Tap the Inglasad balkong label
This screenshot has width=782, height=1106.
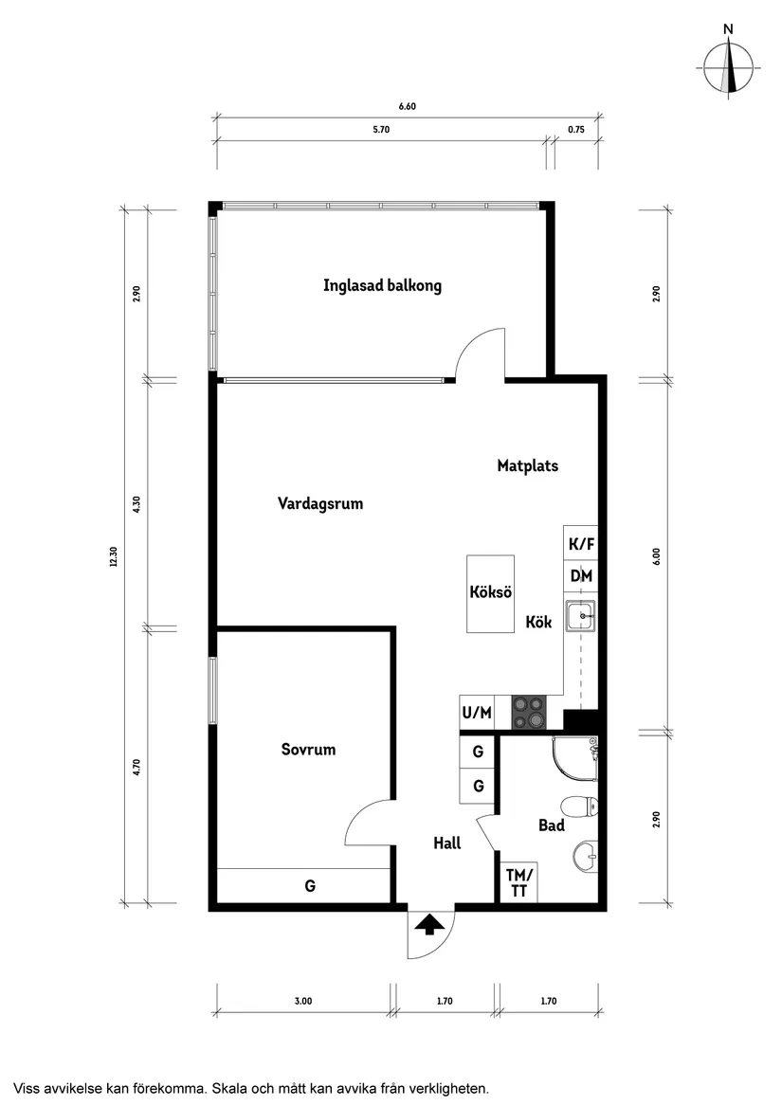point(382,285)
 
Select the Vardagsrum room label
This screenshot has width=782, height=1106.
point(320,503)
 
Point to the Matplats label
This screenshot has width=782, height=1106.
point(528,465)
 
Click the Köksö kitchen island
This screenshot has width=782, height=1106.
point(491,594)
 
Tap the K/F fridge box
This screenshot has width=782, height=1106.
point(580,544)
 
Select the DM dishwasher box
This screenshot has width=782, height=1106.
point(580,576)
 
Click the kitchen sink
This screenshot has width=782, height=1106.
point(580,617)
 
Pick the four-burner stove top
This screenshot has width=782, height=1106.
point(529,713)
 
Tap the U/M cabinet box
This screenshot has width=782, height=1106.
point(477,713)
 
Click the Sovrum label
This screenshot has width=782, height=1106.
point(308,750)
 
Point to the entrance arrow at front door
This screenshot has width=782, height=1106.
point(430,924)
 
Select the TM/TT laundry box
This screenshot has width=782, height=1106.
point(518,882)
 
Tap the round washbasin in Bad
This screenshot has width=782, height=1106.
point(586,858)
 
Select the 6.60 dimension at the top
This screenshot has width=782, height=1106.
point(408,106)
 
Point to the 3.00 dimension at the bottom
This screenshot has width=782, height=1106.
point(302,1001)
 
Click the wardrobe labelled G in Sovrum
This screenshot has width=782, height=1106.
point(309,886)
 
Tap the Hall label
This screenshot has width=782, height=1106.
point(446,843)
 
